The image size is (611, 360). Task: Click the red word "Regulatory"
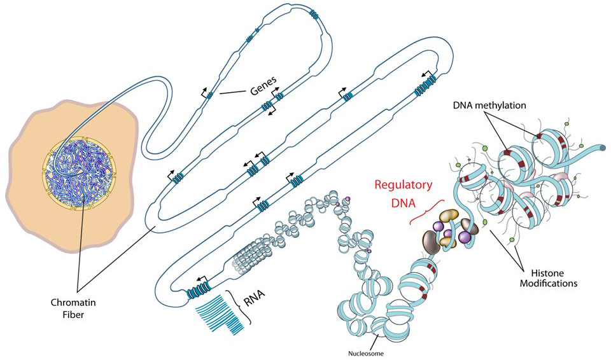[x=403, y=185]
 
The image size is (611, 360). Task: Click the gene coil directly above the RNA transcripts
[x=200, y=291]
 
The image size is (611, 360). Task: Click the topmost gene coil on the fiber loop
[x=314, y=13]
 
